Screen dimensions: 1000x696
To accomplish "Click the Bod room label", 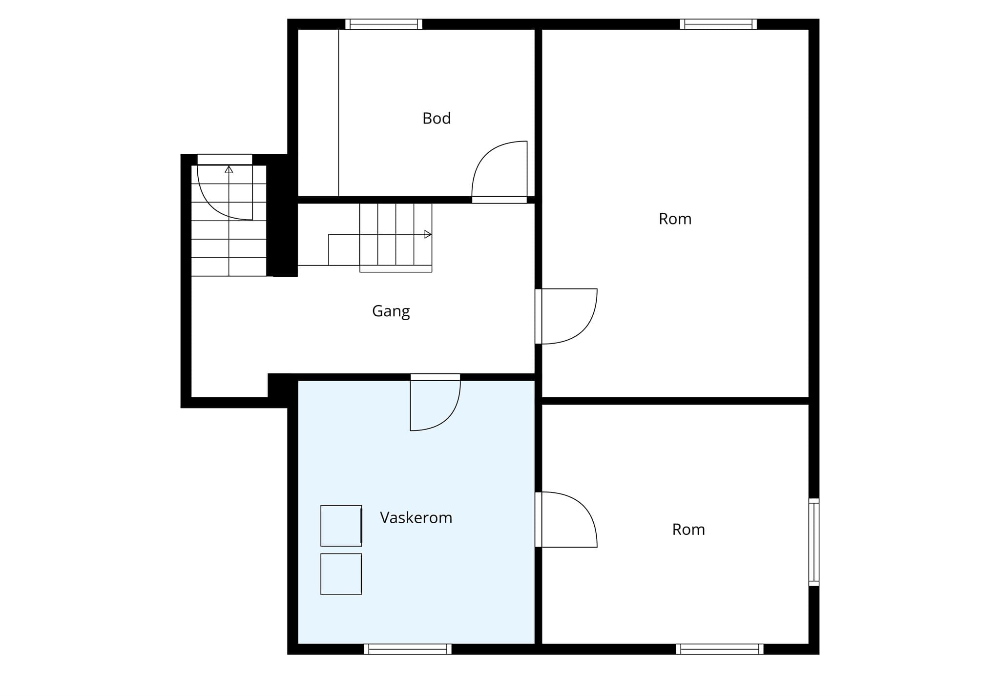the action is pos(436,118).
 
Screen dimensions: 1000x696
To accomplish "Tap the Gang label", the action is pos(391,311).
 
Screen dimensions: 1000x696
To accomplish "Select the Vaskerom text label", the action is pos(416,517).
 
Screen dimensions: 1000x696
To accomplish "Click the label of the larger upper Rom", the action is pos(675,219).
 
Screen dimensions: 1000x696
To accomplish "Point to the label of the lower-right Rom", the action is pos(688,530).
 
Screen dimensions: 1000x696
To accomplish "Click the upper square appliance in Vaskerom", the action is pos(341,526).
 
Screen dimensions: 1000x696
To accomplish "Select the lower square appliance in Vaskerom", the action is pos(341,574).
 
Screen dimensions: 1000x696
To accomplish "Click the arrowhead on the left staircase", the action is pos(229,169).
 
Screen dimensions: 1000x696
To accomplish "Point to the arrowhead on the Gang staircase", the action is pos(428,235).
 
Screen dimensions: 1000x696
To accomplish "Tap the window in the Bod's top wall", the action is pos(384,24).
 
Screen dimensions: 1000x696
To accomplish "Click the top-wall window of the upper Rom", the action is pos(718,24).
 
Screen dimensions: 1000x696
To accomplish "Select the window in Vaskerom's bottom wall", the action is pos(408,649).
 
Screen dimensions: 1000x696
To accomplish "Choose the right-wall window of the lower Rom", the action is pos(814,542).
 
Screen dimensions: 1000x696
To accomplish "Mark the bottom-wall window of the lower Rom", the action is pos(720,649).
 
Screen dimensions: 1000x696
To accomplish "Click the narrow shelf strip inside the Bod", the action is pos(318,113).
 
